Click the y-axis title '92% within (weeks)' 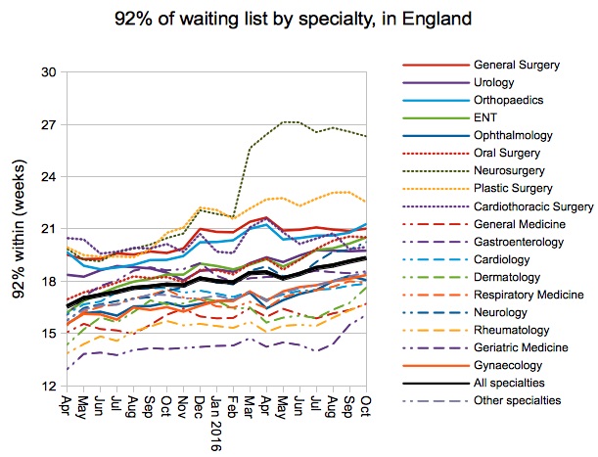point(18,229)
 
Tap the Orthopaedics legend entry point(509,101)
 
